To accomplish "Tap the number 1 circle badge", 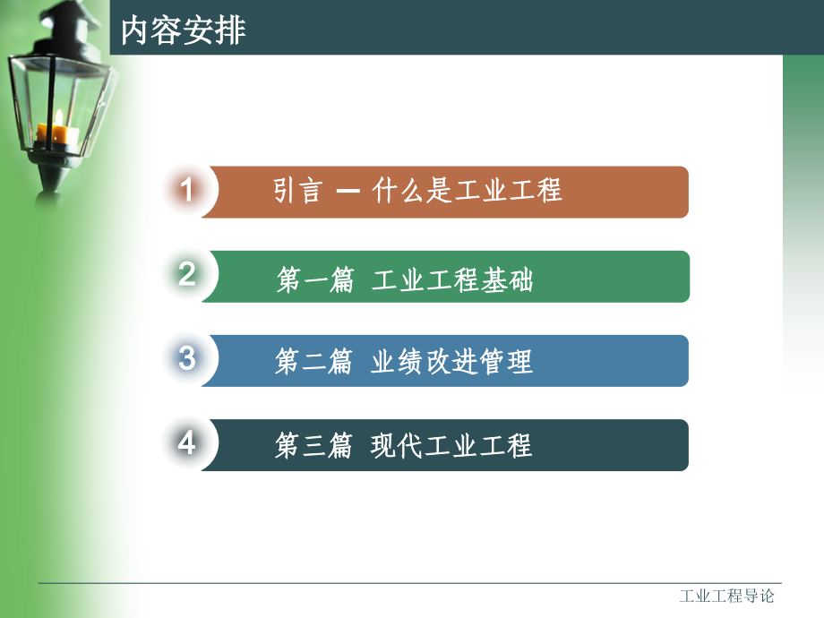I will [186, 191].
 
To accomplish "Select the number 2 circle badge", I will [186, 275].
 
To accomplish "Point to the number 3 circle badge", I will [186, 359].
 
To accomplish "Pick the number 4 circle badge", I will [186, 443].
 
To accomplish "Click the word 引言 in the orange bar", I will [297, 191].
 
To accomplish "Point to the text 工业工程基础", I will [451, 281].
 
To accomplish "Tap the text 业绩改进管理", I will [451, 362].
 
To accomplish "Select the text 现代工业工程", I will [451, 446].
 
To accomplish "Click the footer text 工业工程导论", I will [726, 597].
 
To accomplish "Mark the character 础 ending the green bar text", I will [520, 281].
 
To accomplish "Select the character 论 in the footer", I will [766, 597].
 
